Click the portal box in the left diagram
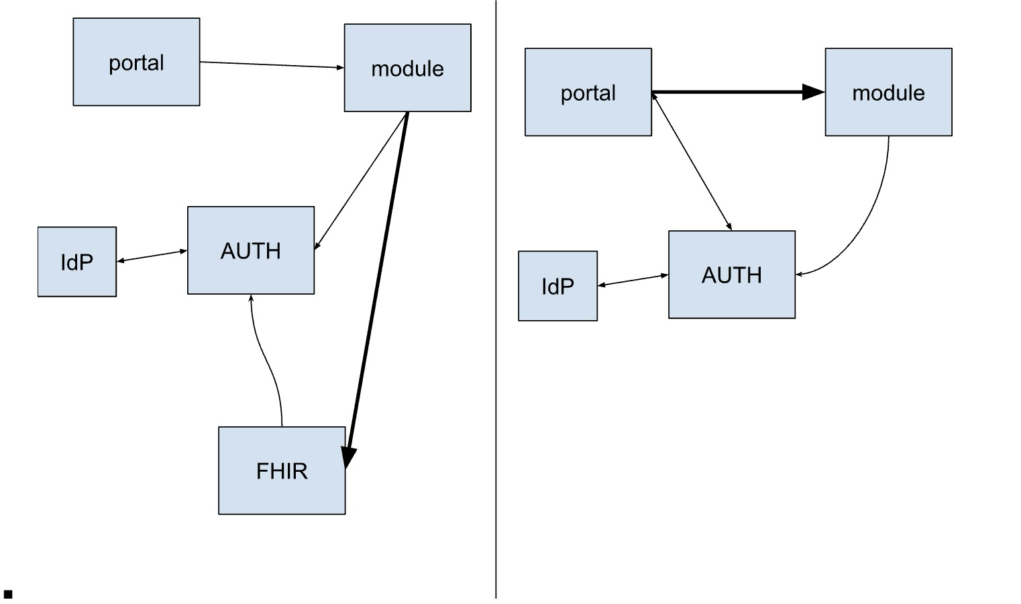coord(136,62)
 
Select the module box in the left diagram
coord(407,68)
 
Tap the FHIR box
coord(282,470)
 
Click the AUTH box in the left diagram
coord(251,250)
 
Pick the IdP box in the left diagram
coord(77,262)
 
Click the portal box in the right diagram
coord(588,92)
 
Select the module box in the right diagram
coord(888,92)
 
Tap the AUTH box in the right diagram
coord(732,274)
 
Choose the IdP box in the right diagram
coord(557,286)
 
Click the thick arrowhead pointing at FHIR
coord(348,456)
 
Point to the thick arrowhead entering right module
coord(813,93)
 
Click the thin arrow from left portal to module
coord(272,64)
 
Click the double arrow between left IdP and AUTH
coord(152,256)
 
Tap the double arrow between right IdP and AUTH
coord(633,280)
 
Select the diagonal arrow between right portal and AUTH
coord(692,162)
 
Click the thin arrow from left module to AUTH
coord(362,180)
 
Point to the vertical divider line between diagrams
coord(496,302)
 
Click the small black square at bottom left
coord(8,594)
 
